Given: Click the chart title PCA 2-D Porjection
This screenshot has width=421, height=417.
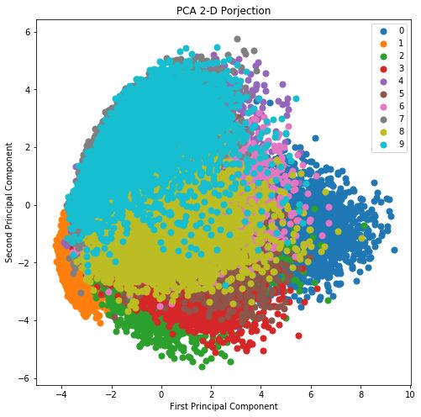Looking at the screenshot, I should coord(223,12).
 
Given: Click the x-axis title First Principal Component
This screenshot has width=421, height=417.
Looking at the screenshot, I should coord(223,406).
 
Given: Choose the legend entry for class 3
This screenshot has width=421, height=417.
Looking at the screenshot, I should coord(396,70).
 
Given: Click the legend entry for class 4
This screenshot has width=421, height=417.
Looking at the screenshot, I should coord(396,82).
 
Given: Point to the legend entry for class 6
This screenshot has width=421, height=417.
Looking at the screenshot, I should coord(396,107).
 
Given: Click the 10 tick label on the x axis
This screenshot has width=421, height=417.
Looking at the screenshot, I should coord(410,393).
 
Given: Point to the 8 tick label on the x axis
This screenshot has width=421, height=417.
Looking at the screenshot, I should coord(360,393).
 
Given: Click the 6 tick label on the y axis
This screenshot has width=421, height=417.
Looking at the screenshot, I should coord(27,31).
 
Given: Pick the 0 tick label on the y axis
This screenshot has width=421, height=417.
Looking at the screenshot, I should coord(27,205).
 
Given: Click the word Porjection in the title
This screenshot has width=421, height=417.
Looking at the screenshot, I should coord(246,12).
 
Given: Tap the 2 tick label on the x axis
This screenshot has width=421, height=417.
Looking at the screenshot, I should coord(211,393).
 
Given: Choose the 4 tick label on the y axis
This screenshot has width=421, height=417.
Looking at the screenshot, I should coord(27,89).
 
